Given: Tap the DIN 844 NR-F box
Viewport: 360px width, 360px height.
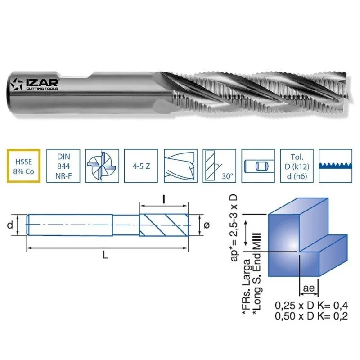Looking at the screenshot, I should pos(63,166).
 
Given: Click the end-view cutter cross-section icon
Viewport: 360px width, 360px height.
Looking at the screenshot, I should pos(102,166).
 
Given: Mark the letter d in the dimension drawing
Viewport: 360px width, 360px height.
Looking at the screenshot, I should pos(10,225).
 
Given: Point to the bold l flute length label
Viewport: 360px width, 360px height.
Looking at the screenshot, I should pos(164,198).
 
